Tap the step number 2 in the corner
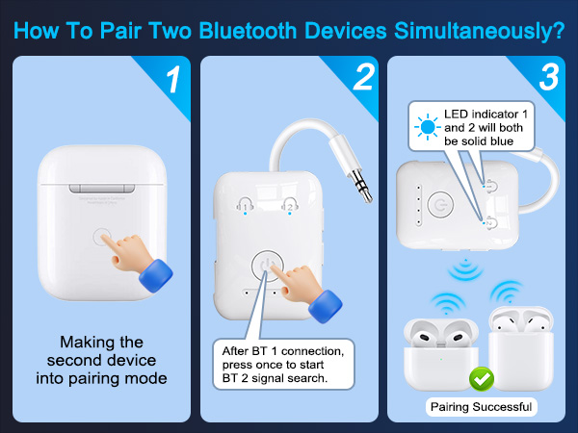362,79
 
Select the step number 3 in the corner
549,79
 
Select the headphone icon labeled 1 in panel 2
246,205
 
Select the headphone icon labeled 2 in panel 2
288,205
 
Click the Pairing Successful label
479,407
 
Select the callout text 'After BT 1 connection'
284,347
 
